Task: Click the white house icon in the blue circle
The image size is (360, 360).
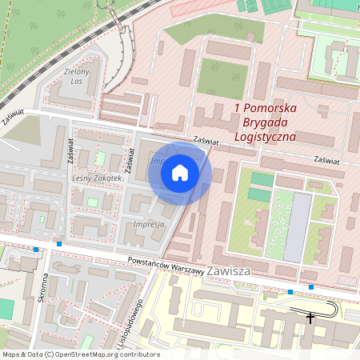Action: pyautogui.click(x=180, y=172)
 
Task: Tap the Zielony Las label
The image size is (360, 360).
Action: pyautogui.click(x=75, y=76)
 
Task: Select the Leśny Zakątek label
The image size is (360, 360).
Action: pyautogui.click(x=97, y=178)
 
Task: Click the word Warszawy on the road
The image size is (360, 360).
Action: pyautogui.click(x=182, y=268)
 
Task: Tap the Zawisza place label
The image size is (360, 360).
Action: pyautogui.click(x=228, y=271)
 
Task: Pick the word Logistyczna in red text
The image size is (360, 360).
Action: pyautogui.click(x=265, y=136)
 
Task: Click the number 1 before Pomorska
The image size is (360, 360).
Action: pyautogui.click(x=238, y=107)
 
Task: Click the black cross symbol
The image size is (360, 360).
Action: pyautogui.click(x=310, y=318)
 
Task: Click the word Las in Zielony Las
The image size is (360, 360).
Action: pyautogui.click(x=77, y=82)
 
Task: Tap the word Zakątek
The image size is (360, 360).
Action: pyautogui.click(x=107, y=178)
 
